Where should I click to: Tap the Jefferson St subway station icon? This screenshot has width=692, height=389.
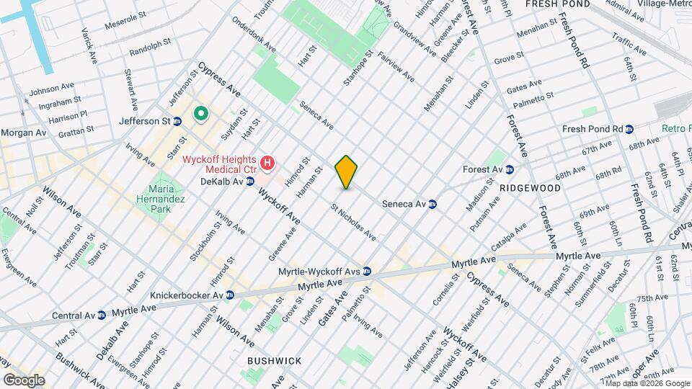[x=176, y=122]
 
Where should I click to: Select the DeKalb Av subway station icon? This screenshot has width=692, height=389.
[x=250, y=181]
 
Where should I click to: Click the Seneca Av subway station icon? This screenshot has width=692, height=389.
[x=432, y=204]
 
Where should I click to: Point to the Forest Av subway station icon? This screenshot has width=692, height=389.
[x=510, y=170]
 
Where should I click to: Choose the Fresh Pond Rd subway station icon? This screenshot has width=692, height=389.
[x=629, y=129]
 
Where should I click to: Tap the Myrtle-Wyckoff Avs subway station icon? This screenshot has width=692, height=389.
[x=367, y=272]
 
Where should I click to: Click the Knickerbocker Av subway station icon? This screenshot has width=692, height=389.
[x=229, y=295]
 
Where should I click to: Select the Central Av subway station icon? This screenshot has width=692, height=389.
[x=102, y=314]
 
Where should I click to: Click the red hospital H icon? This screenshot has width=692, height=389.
[x=267, y=164]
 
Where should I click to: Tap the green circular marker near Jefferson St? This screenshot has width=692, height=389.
[x=200, y=114]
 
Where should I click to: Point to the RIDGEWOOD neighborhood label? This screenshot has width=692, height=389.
[x=530, y=187]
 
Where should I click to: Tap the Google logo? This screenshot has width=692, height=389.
[x=24, y=380]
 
